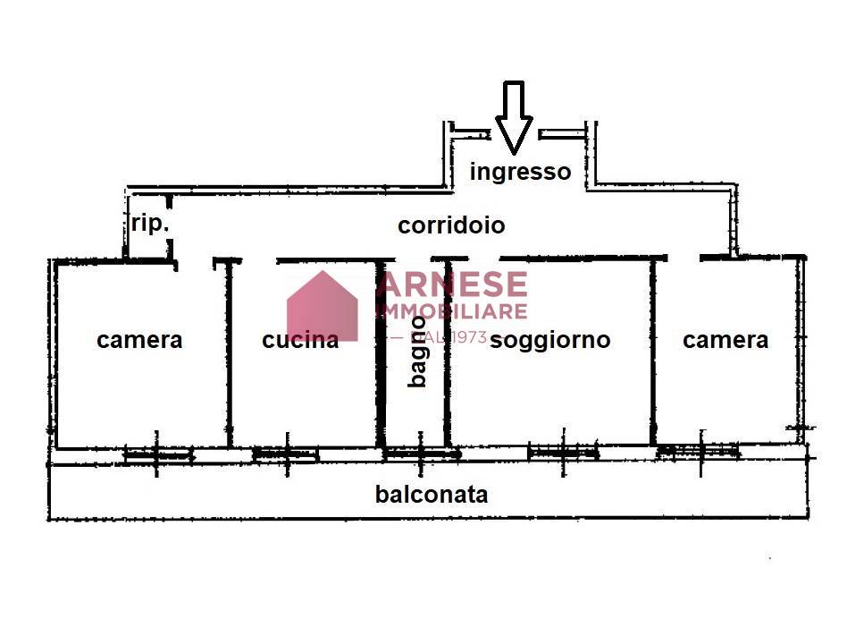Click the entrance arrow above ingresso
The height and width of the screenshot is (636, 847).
(514, 116)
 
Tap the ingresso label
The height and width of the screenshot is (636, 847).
(520, 171)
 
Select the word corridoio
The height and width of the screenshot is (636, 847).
(451, 225)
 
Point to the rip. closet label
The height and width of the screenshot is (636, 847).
(149, 224)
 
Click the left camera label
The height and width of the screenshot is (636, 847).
(139, 340)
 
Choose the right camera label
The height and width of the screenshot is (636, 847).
(725, 340)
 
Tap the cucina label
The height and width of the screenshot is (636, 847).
(300, 340)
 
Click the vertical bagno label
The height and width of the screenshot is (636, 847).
(417, 352)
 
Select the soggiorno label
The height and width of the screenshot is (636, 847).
(550, 340)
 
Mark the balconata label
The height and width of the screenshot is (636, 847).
(432, 494)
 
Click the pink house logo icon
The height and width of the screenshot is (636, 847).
(322, 306)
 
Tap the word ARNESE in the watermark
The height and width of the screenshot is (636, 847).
(451, 284)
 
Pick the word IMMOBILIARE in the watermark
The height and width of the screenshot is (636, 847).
(451, 311)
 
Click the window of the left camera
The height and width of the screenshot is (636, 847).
(157, 455)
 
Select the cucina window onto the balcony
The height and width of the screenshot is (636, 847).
(286, 454)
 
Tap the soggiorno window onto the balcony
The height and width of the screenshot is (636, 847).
(563, 453)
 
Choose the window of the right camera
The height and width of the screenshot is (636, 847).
(698, 452)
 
